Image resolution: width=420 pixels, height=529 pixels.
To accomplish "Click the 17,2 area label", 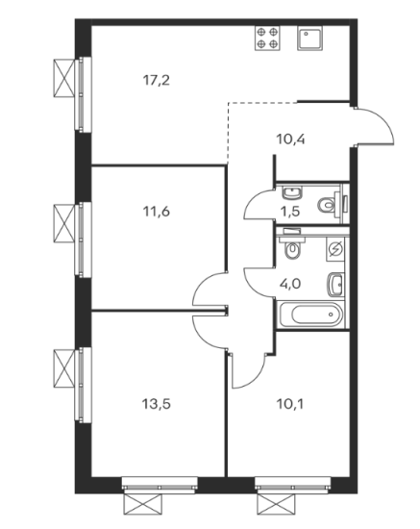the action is [x=156, y=81].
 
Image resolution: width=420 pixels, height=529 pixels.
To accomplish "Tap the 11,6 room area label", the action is [x=156, y=212].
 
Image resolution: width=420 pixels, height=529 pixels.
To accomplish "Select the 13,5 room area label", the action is [x=157, y=403].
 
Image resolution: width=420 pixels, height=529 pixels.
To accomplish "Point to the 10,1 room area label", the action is [x=290, y=403].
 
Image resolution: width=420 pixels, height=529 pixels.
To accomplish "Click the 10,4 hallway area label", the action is [x=290, y=139].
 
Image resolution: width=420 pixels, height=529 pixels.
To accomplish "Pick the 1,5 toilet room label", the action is [x=290, y=212].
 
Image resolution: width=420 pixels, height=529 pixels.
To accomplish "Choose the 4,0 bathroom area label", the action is [x=290, y=284].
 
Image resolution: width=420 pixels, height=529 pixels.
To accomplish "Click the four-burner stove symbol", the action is [x=267, y=38].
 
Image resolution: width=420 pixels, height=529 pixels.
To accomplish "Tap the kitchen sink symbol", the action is [x=309, y=38].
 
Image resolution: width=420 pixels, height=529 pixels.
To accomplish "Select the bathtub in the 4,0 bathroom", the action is [x=311, y=315].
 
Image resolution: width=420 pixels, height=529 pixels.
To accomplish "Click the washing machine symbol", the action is [x=335, y=250].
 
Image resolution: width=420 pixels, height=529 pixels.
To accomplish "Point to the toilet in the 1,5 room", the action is [x=330, y=204].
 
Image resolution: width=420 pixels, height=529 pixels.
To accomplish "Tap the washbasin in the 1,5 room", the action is [x=292, y=192].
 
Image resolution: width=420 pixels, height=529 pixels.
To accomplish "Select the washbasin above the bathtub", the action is [x=335, y=284].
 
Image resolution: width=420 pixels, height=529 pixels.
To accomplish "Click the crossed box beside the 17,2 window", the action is [x=63, y=78].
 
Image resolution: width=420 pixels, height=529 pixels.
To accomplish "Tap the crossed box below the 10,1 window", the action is [x=276, y=504].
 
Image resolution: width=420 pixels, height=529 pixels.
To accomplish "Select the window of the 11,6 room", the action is [x=83, y=239].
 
